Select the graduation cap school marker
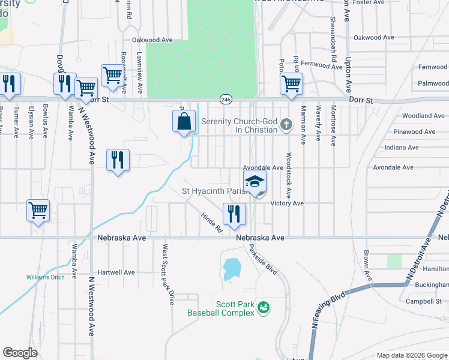coord(255,182)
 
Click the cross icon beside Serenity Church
coord(286,125)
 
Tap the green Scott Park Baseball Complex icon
coord(262,308)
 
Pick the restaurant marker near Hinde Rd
coord(233,213)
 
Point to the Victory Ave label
coord(287,203)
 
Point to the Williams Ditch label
coord(44,277)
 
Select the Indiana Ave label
coord(402,148)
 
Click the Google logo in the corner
coord(20,353)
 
